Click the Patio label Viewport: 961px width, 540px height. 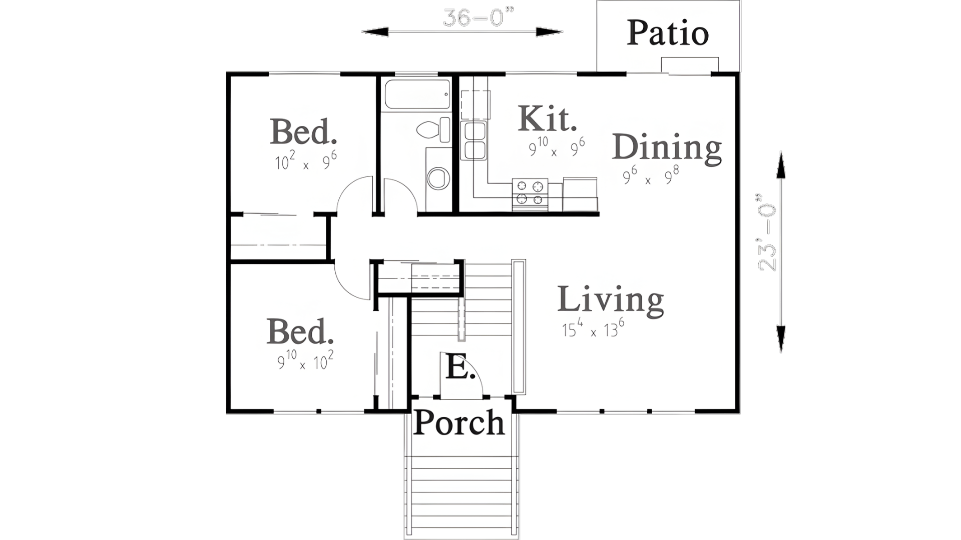pyautogui.click(x=667, y=33)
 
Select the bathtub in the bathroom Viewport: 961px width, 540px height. pyautogui.click(x=416, y=94)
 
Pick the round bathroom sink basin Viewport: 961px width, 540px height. pyautogui.click(x=438, y=178)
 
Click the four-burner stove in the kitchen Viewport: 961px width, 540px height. pyautogui.click(x=530, y=193)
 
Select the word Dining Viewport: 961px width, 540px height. pyautogui.click(x=667, y=148)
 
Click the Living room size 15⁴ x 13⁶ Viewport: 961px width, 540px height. pyautogui.click(x=593, y=329)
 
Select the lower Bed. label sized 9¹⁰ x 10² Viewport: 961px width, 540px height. pyautogui.click(x=300, y=331)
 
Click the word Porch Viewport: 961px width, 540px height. pyautogui.click(x=459, y=423)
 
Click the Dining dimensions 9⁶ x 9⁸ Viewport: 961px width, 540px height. pyautogui.click(x=650, y=176)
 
